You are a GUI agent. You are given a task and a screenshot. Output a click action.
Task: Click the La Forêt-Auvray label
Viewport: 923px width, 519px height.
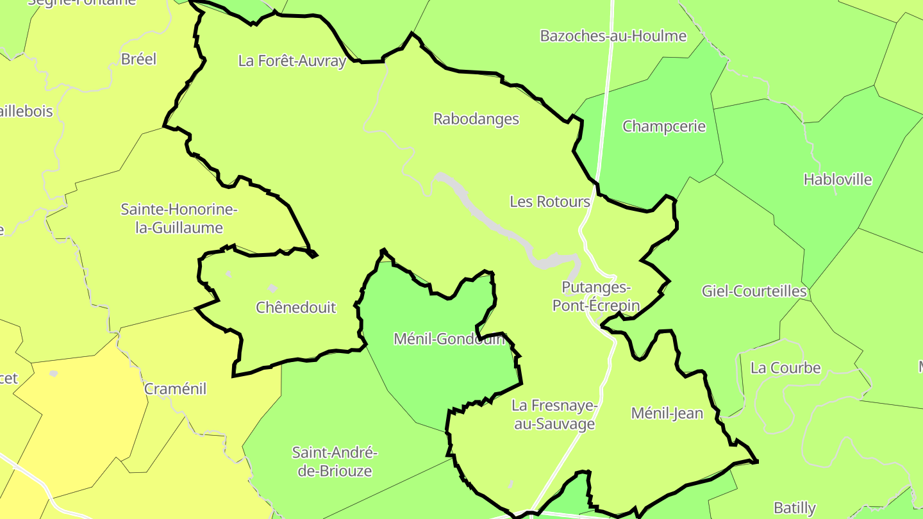(x=292, y=62)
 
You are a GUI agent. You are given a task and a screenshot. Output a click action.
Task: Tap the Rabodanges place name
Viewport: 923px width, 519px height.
(x=476, y=119)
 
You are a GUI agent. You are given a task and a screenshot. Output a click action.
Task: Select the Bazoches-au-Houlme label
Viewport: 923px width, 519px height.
(x=613, y=36)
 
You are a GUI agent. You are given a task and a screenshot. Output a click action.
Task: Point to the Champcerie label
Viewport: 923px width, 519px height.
(x=664, y=126)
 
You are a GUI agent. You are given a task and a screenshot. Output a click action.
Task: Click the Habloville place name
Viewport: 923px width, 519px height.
(x=838, y=179)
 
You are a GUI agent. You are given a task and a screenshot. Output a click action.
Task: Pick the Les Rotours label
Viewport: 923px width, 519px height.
(x=550, y=202)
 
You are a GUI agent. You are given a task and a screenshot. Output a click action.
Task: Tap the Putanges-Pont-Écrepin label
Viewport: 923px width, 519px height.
(x=596, y=296)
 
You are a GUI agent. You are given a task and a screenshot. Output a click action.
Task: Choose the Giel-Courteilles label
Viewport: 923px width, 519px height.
(x=754, y=292)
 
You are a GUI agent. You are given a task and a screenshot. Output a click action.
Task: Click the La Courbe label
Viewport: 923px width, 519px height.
(x=785, y=368)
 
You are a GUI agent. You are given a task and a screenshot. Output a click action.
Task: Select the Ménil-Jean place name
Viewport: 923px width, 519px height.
(x=667, y=413)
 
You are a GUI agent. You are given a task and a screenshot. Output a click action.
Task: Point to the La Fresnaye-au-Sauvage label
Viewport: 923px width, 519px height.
(x=554, y=415)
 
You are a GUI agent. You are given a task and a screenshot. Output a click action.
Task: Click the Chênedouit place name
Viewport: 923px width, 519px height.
(x=295, y=308)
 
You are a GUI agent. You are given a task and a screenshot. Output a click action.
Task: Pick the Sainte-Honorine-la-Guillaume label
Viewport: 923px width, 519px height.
(x=179, y=218)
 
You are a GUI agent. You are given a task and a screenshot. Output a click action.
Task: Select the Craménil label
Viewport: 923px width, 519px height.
(x=175, y=389)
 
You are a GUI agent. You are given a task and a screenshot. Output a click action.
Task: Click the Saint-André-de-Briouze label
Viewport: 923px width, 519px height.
(x=335, y=461)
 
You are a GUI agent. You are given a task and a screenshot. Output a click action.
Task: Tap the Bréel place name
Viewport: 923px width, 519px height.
(x=138, y=59)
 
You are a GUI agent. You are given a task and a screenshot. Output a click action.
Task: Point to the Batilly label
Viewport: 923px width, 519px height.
(x=795, y=508)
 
